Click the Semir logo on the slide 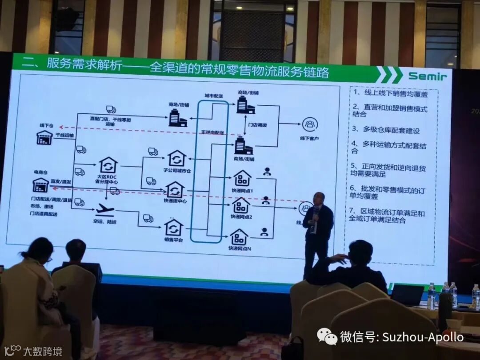[x=427, y=76]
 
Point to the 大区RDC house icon [x=108, y=164]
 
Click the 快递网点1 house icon [x=242, y=178]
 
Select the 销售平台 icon [x=174, y=228]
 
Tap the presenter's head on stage [x=318, y=199]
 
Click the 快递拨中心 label [x=175, y=200]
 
